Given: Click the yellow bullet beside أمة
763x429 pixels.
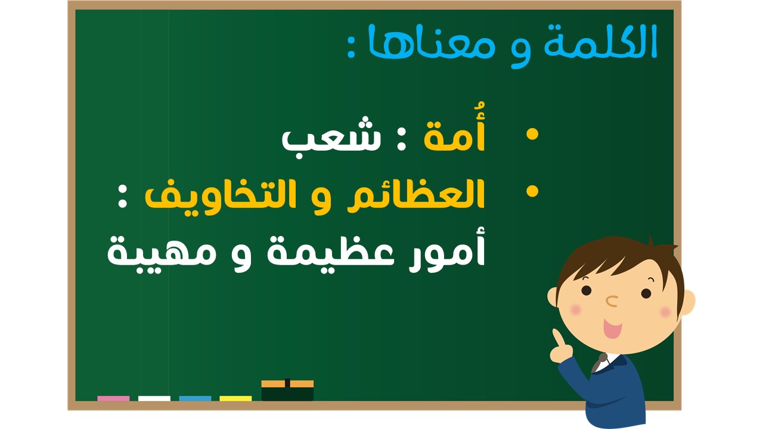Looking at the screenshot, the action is pos(532,134).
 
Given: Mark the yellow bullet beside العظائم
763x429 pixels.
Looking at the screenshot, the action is pos(532,191).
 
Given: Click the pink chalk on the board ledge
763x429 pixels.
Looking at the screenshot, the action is pos(113,399).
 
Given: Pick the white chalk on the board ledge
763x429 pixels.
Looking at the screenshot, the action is pos(154,399).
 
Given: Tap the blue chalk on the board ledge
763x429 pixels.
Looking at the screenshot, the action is pos(195,399).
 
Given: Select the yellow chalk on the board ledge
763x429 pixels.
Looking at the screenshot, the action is pos(235,399).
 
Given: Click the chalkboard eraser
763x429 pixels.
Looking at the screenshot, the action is pos(287,390).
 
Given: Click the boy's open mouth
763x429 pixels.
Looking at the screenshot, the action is pos(612,328).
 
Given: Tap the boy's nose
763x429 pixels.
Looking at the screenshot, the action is pos(612,301).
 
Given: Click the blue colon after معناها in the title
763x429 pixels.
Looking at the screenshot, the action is pos(351,49).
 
